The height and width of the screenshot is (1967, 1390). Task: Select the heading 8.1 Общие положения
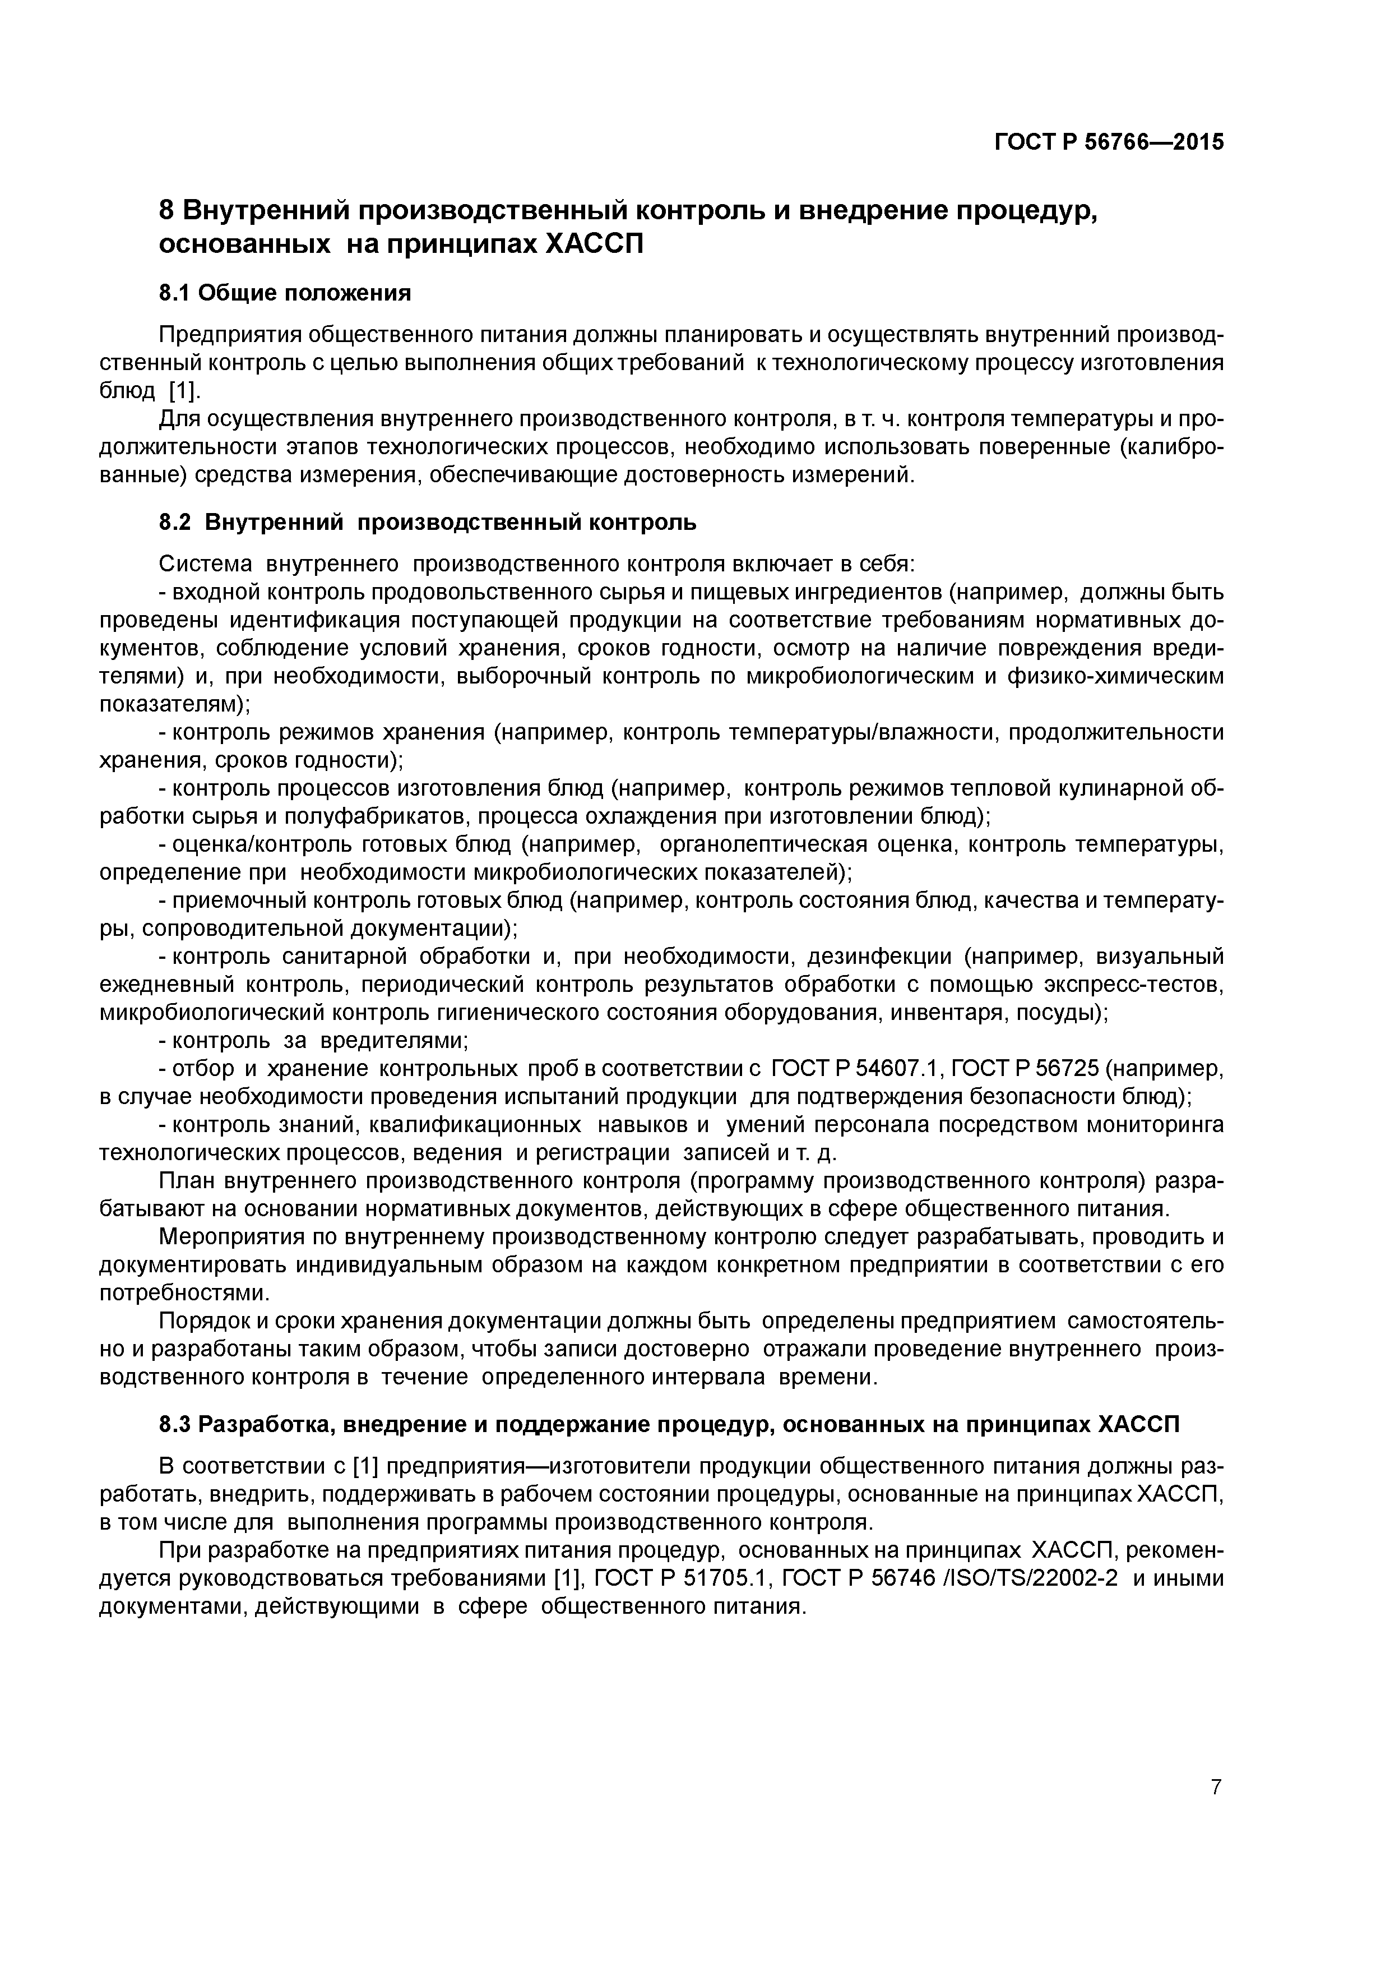(x=285, y=294)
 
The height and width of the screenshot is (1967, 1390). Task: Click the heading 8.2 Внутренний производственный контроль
(x=428, y=523)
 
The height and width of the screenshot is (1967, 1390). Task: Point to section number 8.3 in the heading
(x=175, y=1425)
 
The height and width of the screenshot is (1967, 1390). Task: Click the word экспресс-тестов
(x=1140, y=985)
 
